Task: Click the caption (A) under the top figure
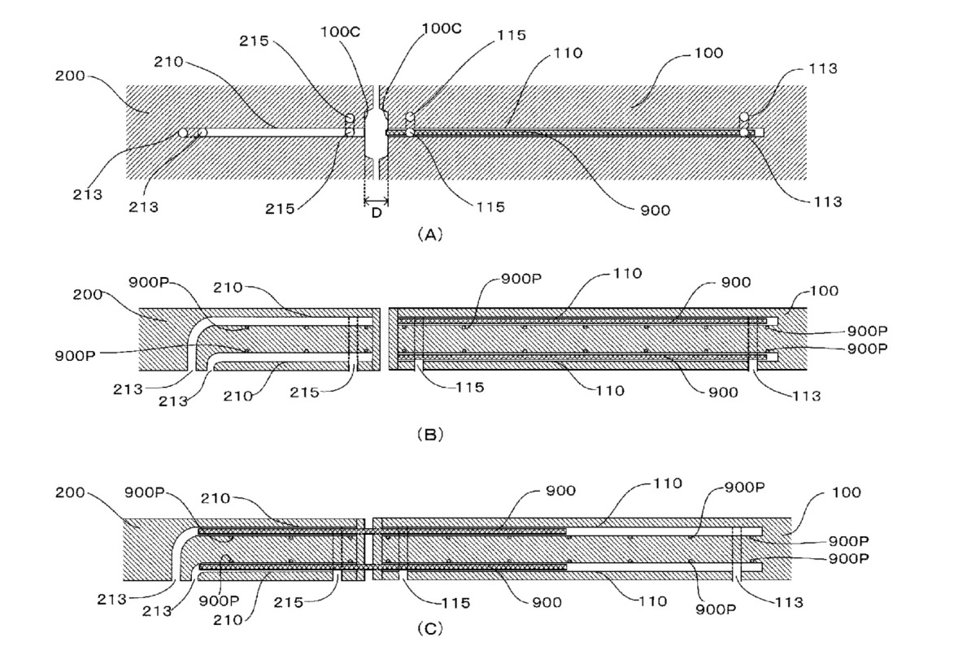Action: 429,235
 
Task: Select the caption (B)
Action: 429,435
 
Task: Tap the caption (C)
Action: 429,628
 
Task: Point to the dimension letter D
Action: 377,214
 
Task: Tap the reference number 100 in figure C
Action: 845,492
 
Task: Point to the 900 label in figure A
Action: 655,210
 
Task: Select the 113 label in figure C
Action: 786,602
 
